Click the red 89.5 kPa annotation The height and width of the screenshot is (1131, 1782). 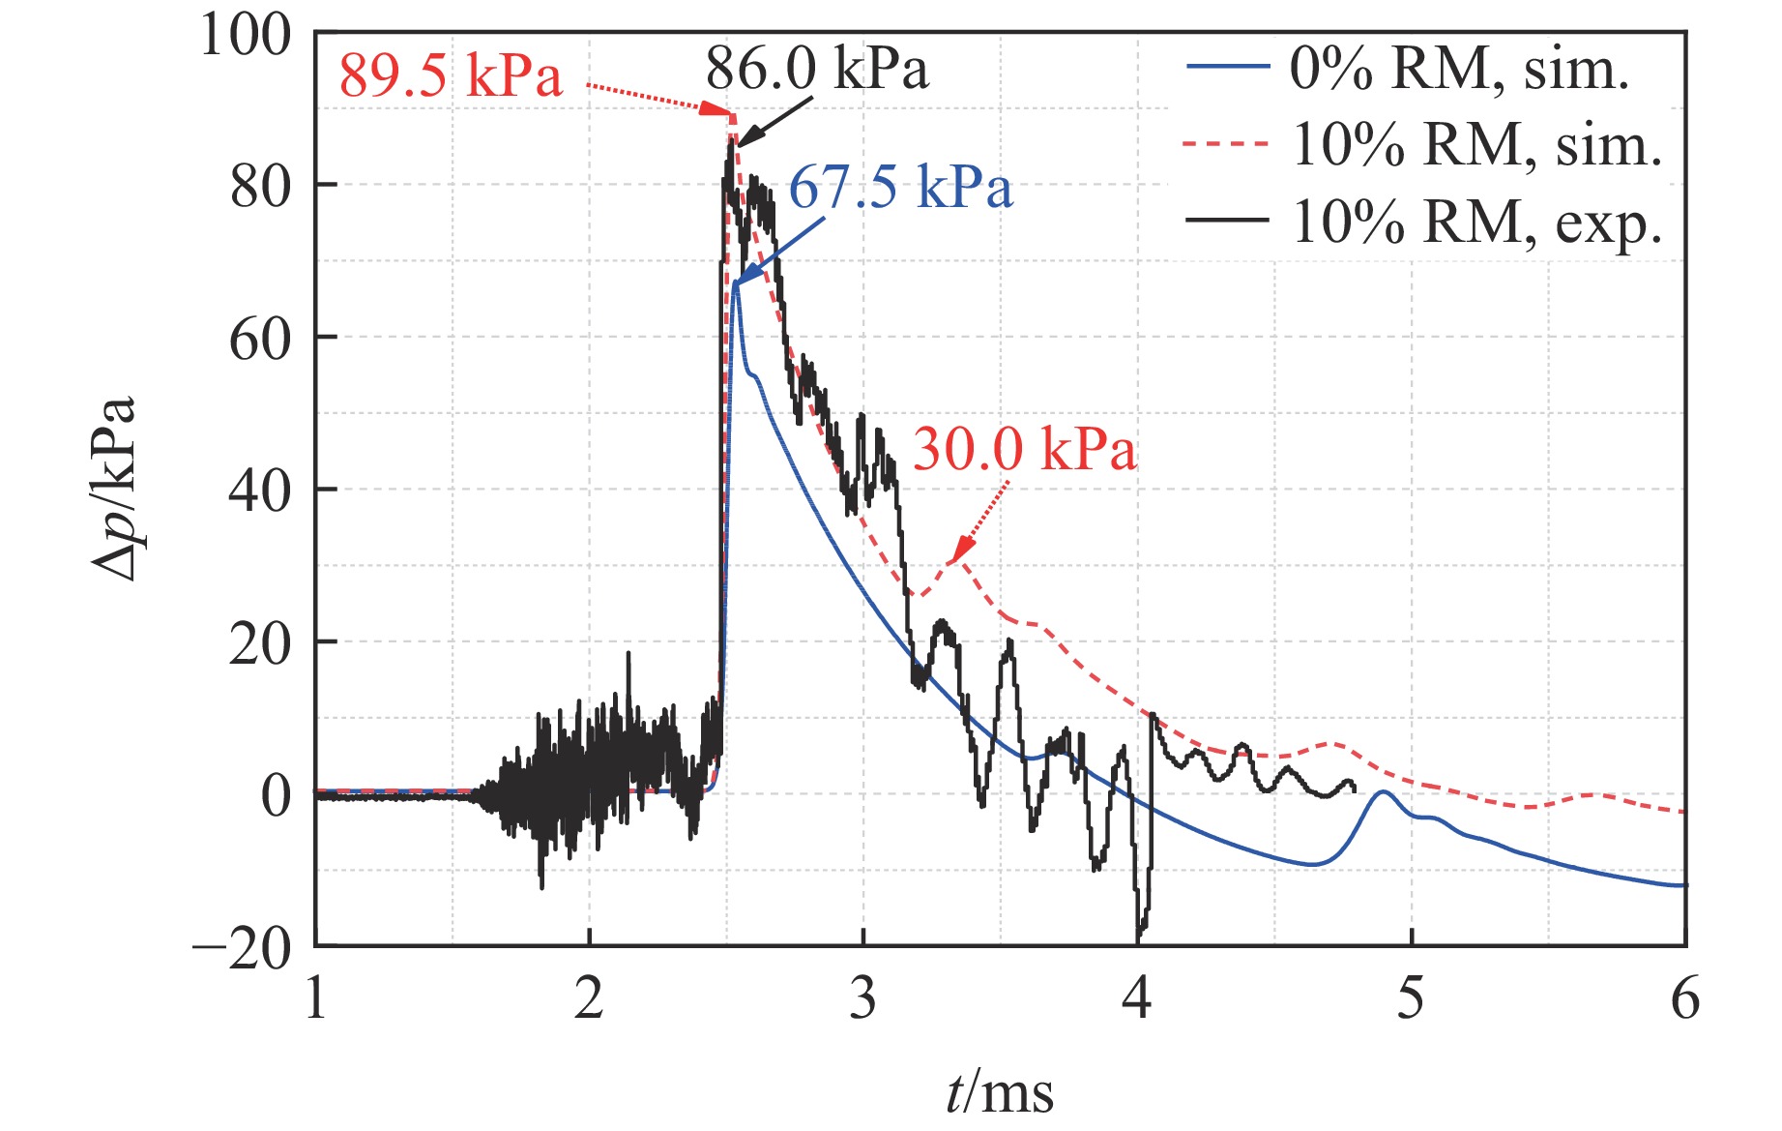click(450, 75)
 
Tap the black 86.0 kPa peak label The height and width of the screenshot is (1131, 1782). click(817, 69)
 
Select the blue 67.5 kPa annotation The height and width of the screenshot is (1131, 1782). click(900, 187)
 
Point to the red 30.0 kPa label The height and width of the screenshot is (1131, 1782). click(1025, 450)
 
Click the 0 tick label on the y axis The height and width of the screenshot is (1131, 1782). click(276, 796)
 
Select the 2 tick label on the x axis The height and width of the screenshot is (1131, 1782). click(589, 998)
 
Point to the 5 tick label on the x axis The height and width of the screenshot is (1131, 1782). click(1411, 998)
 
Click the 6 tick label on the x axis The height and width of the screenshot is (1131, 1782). click(1685, 998)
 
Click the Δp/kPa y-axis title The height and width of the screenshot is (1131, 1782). click(114, 489)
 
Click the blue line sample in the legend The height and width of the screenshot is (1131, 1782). click(1227, 67)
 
